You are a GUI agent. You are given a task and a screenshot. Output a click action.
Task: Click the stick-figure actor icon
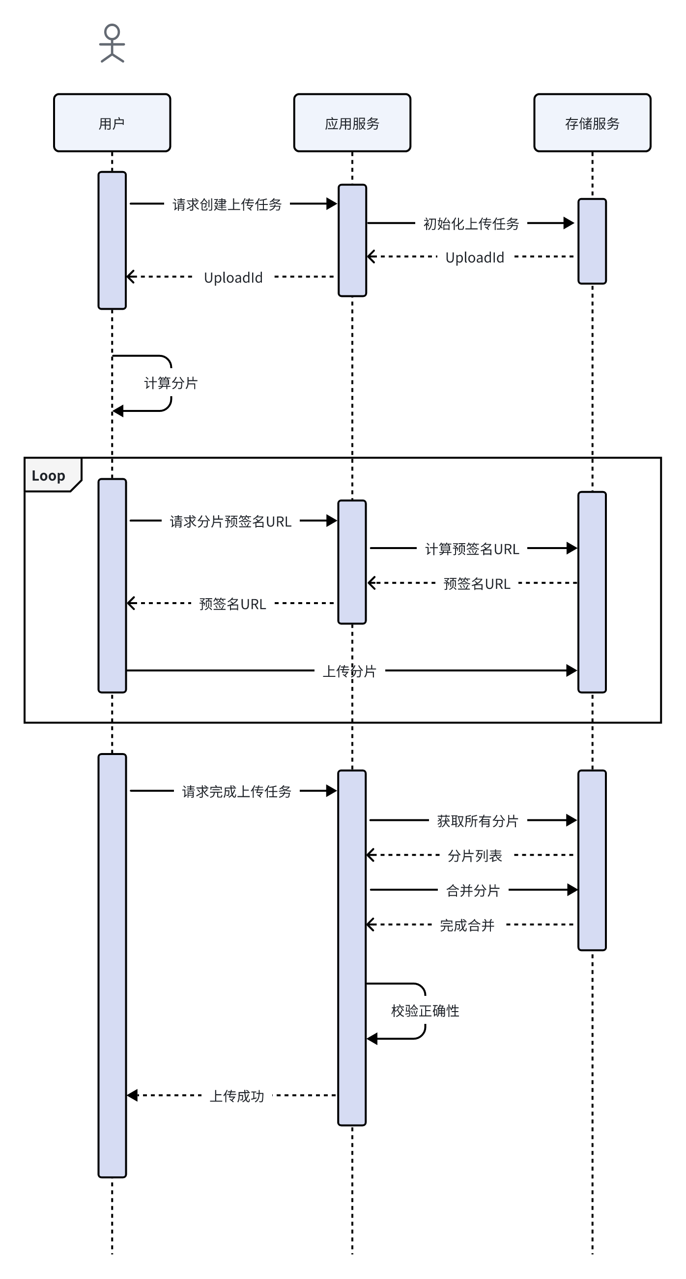coord(112,44)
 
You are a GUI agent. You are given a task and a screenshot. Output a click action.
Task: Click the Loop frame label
coord(49,476)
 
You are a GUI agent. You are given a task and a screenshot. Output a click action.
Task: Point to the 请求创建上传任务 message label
coord(227,204)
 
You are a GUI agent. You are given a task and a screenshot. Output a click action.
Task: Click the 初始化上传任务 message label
coord(471,224)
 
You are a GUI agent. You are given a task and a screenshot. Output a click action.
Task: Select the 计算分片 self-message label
coord(171,383)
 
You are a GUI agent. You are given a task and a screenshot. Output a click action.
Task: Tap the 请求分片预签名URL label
coord(230,522)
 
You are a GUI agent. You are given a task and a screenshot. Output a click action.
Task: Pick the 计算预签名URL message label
coord(472,549)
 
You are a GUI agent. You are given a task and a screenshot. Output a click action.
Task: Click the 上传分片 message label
coord(349,671)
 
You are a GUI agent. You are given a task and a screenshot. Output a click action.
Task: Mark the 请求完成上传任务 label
coord(236,791)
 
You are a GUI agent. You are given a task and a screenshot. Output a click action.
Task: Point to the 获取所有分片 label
coord(478,821)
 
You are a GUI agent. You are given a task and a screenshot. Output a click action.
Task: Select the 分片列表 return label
coord(475,855)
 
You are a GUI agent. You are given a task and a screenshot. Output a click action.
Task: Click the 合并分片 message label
coord(473,890)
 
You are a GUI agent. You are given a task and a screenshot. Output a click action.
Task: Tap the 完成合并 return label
coord(467,925)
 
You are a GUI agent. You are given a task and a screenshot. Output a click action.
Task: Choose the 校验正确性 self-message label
coord(425,1011)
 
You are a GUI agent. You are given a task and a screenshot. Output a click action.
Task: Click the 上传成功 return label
coord(237,1096)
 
